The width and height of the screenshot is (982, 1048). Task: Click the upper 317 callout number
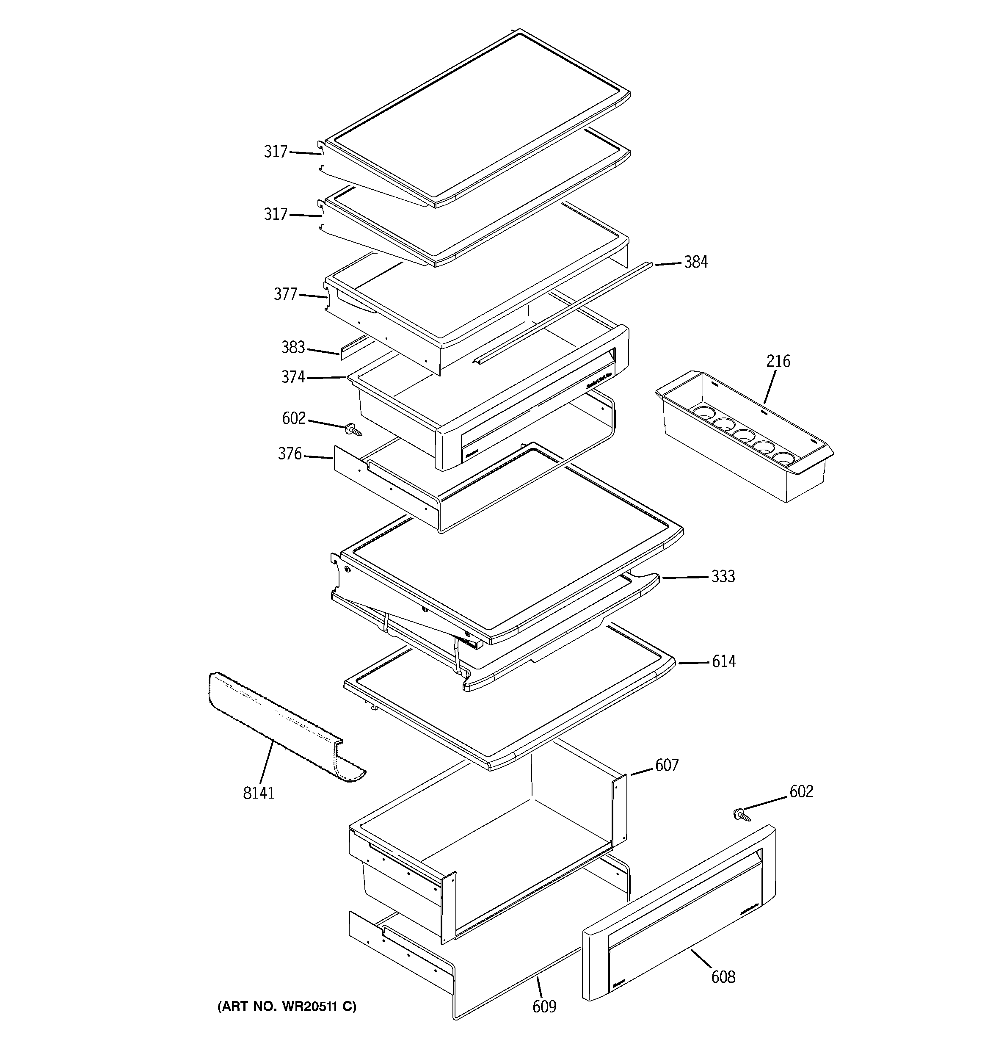click(275, 152)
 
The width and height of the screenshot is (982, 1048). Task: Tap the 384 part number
click(696, 262)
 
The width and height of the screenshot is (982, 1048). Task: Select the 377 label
click(285, 294)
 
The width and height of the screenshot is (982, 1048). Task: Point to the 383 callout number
click(292, 347)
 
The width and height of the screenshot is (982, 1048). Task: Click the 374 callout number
click(292, 377)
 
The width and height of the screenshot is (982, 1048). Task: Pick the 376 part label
click(290, 454)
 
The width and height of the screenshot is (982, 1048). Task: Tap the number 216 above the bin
click(778, 361)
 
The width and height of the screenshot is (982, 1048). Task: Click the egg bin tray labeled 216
click(743, 437)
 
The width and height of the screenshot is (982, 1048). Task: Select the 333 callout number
click(723, 577)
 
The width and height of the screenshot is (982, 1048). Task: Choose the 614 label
click(723, 661)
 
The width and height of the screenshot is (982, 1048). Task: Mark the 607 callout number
click(666, 765)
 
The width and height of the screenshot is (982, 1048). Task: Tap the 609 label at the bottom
click(544, 1007)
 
